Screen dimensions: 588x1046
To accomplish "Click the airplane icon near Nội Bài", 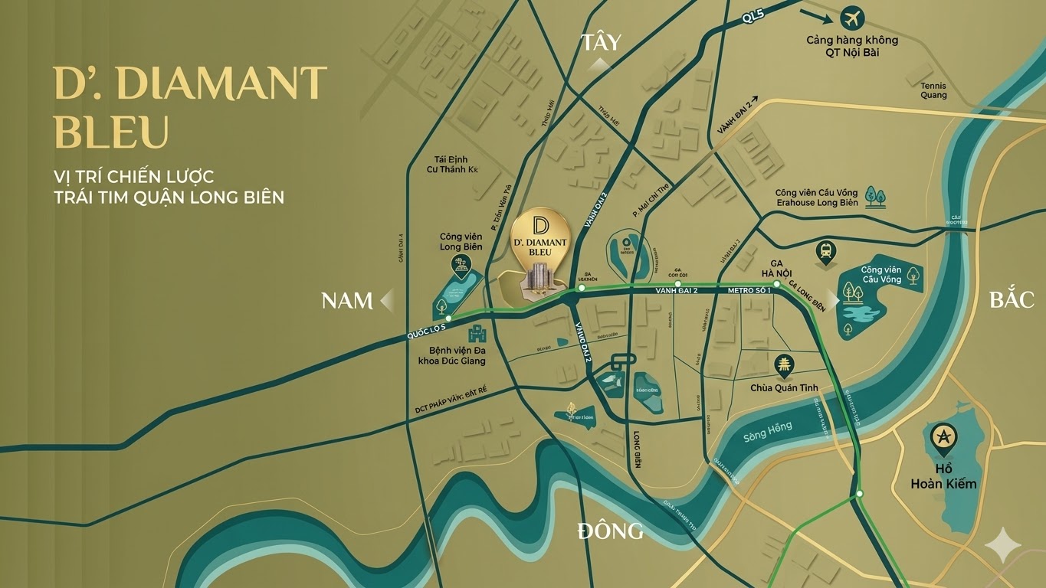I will click(x=851, y=18).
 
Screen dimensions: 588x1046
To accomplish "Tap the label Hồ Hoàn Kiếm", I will click(x=943, y=476).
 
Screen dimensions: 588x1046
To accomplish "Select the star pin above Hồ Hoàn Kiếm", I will click(x=943, y=437).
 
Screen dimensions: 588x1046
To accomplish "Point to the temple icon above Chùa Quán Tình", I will click(x=784, y=365).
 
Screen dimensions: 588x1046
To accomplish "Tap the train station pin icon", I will click(x=826, y=251).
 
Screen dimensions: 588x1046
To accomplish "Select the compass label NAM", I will click(x=346, y=301).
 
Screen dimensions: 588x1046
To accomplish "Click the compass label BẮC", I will click(x=1012, y=299).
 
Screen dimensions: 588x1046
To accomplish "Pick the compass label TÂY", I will click(x=601, y=42).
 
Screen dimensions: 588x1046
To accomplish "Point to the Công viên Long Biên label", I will click(x=461, y=242).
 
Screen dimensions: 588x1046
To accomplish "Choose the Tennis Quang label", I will click(x=933, y=90).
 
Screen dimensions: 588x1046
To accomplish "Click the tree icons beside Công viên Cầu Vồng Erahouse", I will click(x=874, y=196).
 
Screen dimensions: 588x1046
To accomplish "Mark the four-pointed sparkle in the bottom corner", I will click(x=1002, y=546).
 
